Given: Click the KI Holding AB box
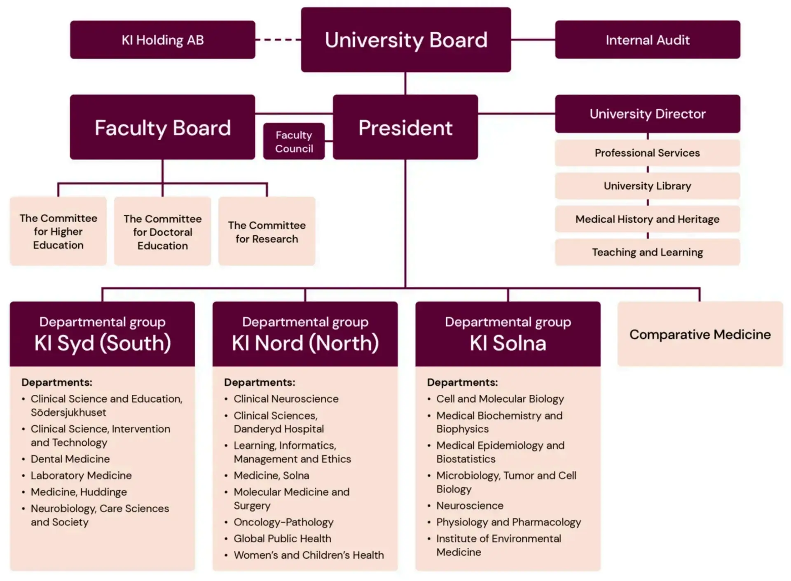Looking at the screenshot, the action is point(162,40).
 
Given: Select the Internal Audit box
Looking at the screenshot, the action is point(647,40).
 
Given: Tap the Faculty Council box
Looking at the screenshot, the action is point(294,141).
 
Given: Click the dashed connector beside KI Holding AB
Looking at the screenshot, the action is point(278,40).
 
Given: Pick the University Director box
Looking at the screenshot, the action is point(647,114).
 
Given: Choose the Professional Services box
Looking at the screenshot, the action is point(647,153).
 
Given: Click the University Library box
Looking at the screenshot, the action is point(647,186).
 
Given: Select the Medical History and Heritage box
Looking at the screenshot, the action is point(647,219).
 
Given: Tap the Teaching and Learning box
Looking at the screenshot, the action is point(647,252).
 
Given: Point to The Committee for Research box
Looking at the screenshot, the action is point(267,232).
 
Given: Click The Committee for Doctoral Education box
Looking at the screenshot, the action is point(162,232).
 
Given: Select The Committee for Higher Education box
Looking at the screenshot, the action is point(58,232).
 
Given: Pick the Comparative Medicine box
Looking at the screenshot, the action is point(700,334).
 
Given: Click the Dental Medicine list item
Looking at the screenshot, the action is point(70,459).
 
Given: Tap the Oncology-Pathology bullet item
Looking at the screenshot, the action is point(283,522).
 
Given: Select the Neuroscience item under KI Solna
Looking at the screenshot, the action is point(470,506).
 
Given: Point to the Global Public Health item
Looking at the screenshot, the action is point(282,539).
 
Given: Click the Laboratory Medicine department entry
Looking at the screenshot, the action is point(81,476).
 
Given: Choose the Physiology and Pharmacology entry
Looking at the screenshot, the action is point(508,522).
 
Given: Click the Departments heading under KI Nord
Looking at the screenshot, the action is point(260,382).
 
